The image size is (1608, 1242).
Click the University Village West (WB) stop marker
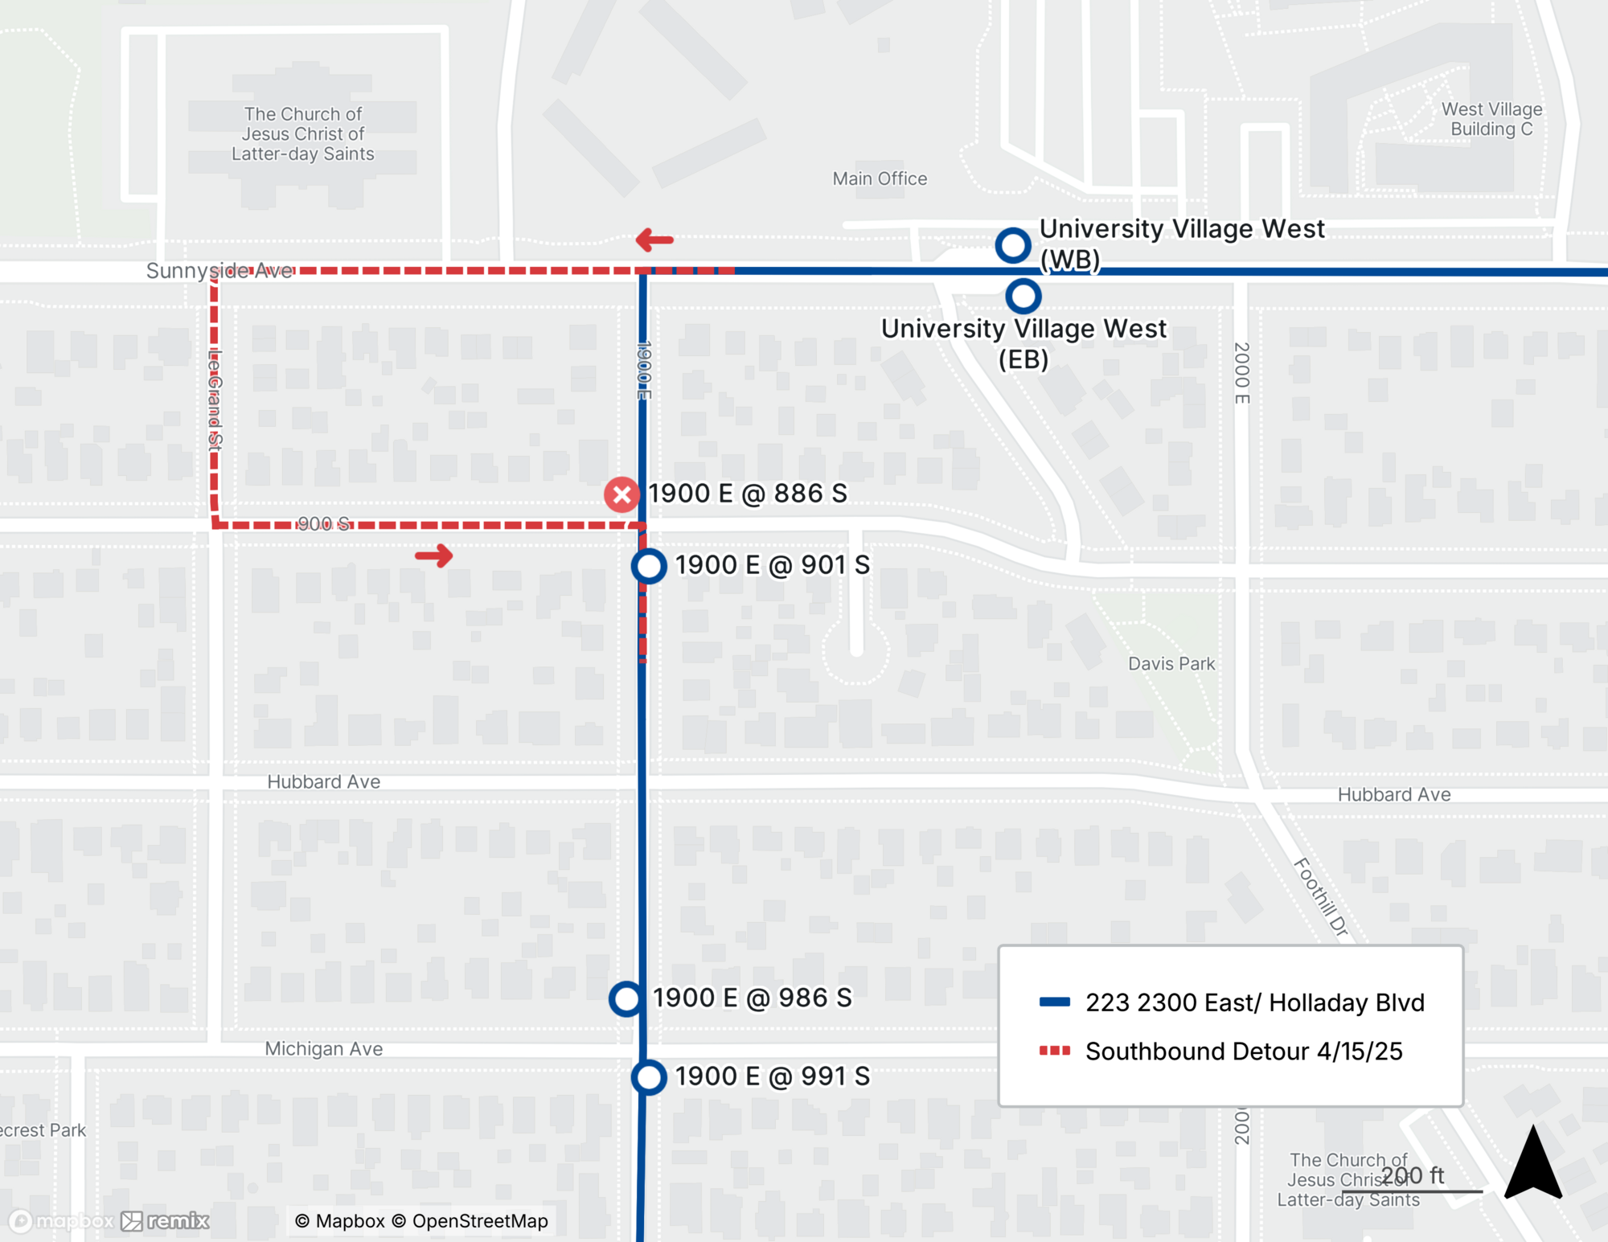pyautogui.click(x=1013, y=245)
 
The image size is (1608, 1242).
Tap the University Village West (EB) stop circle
pyautogui.click(x=1023, y=297)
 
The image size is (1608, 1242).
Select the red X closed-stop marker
pyautogui.click(x=621, y=494)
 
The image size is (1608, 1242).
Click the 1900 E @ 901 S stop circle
pyautogui.click(x=649, y=566)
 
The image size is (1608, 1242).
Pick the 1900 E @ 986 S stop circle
pyautogui.click(x=626, y=999)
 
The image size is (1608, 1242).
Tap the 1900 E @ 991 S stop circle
pyautogui.click(x=649, y=1077)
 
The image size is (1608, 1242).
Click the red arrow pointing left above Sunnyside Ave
pyautogui.click(x=654, y=240)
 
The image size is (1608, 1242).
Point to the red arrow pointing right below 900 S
pyautogui.click(x=434, y=555)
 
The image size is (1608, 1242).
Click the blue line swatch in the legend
pyautogui.click(x=1054, y=1002)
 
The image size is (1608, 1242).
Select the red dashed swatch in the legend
pyautogui.click(x=1054, y=1051)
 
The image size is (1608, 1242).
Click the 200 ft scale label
pyautogui.click(x=1413, y=1175)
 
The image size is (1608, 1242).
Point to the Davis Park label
pyautogui.click(x=1171, y=664)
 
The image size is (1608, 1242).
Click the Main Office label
pyautogui.click(x=880, y=178)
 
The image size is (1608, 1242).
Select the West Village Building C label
pyautogui.click(x=1491, y=119)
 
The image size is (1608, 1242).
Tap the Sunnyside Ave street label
pyautogui.click(x=219, y=271)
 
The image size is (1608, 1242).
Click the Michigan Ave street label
pyautogui.click(x=324, y=1049)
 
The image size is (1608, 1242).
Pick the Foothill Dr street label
pyautogui.click(x=1321, y=896)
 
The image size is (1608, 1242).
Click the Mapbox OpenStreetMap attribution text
pyautogui.click(x=421, y=1221)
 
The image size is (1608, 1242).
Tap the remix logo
pyautogui.click(x=166, y=1221)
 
